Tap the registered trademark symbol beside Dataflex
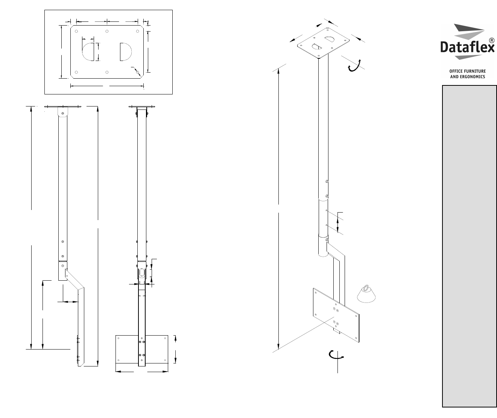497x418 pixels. point(491,40)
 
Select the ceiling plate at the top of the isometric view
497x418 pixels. point(324,43)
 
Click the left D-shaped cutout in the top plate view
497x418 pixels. point(88,52)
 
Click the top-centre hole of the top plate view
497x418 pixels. point(107,31)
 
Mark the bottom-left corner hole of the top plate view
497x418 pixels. point(76,72)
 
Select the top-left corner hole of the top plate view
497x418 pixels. point(76,31)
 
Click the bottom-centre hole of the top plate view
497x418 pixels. point(107,72)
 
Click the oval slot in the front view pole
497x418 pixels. point(141,273)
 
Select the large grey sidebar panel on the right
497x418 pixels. point(469,246)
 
